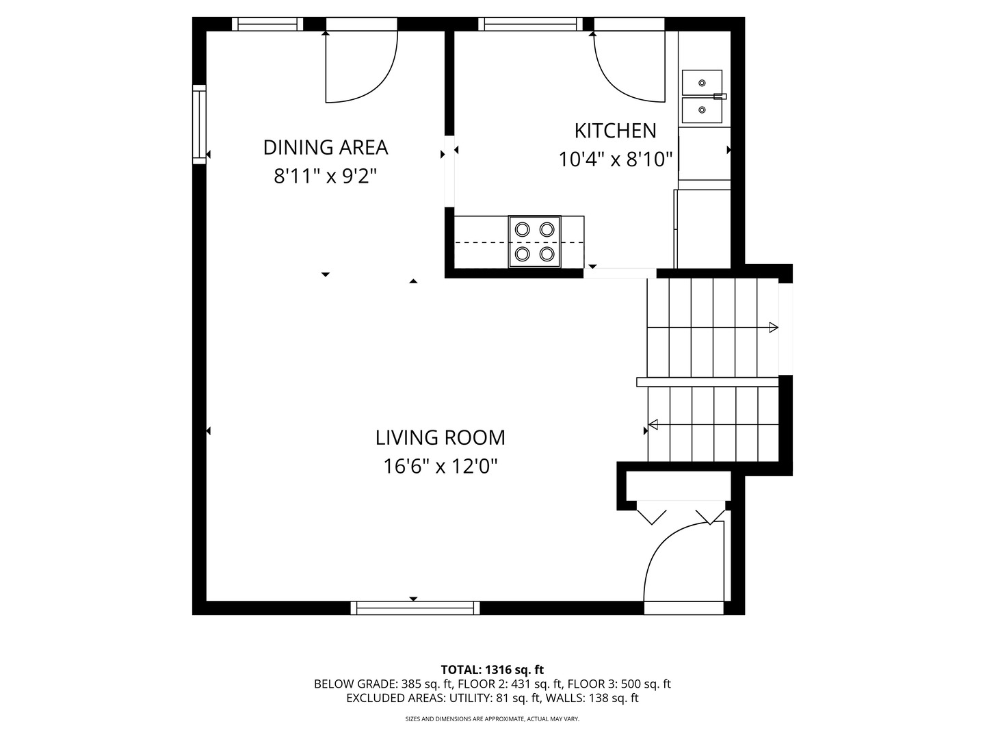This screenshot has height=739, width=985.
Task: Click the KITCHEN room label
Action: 615,130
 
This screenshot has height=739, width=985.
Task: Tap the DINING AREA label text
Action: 326,147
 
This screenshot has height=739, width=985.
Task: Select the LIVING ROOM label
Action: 440,437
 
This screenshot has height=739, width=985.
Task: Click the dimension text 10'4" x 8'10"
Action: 616,159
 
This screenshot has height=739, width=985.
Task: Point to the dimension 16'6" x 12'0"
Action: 440,467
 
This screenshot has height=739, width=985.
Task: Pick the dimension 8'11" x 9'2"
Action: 326,177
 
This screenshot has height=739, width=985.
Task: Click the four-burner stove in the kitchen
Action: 534,241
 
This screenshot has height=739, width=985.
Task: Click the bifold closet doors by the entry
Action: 680,513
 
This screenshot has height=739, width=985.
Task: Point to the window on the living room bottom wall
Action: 415,608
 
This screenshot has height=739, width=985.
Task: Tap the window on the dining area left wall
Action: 199,124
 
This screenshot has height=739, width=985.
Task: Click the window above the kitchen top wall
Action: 530,24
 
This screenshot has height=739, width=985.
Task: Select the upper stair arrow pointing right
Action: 773,328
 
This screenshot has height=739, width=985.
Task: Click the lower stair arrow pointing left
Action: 653,425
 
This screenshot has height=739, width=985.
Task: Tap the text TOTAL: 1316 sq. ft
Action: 492,669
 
